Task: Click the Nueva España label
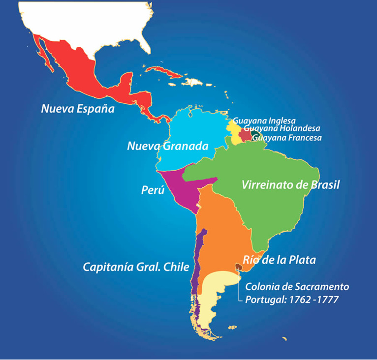click(77, 108)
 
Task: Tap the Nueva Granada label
click(168, 146)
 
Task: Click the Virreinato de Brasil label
click(290, 185)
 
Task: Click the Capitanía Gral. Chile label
click(136, 268)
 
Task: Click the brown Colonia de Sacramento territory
click(239, 267)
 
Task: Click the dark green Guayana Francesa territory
click(255, 134)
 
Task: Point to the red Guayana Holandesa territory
click(245, 135)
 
